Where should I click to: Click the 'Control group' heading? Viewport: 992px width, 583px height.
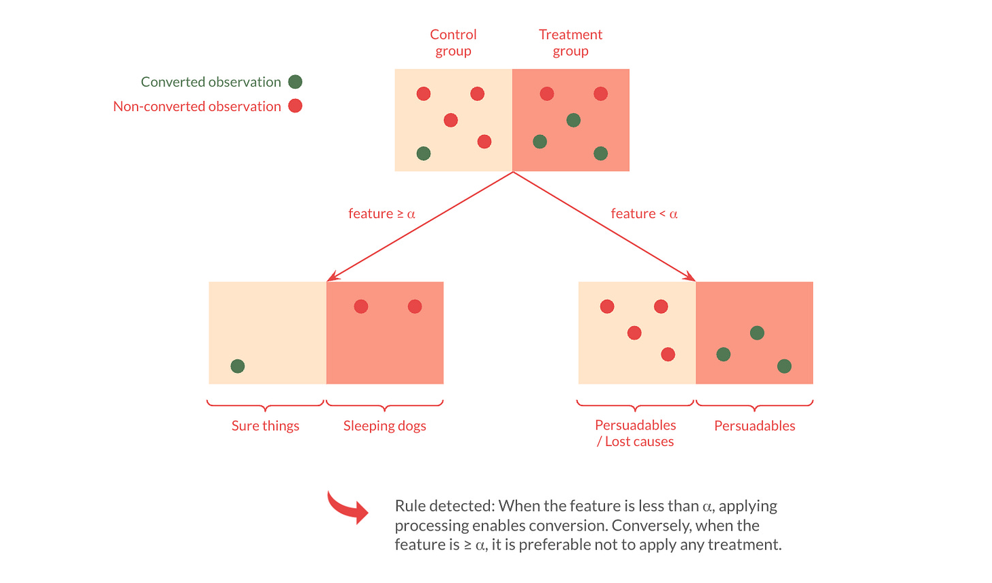point(453,42)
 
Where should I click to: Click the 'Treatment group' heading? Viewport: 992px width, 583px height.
point(570,42)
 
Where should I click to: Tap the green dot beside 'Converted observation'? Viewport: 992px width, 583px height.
point(295,82)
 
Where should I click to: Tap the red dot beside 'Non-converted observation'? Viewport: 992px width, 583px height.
point(295,106)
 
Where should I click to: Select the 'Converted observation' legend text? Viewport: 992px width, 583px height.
point(211,82)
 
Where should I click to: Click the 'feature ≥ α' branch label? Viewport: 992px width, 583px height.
point(382,213)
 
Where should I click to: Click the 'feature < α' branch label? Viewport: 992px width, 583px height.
point(644,213)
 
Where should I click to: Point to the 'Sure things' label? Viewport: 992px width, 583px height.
point(265,425)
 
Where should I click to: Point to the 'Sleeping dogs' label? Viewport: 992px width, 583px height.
point(384,425)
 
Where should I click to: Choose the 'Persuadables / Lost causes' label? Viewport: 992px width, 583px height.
point(635,433)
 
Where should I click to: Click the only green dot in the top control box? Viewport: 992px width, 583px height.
point(423,153)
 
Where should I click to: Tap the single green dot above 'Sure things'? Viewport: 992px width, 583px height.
point(237,366)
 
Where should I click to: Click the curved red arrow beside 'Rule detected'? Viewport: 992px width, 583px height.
point(347,507)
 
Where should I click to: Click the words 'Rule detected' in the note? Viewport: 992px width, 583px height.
point(444,506)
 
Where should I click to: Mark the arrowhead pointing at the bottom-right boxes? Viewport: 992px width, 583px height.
point(691,278)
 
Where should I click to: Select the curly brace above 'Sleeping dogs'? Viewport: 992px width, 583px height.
point(384,405)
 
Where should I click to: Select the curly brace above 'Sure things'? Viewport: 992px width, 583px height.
point(265,405)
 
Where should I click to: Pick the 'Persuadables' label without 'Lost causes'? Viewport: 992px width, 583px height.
point(754,425)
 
